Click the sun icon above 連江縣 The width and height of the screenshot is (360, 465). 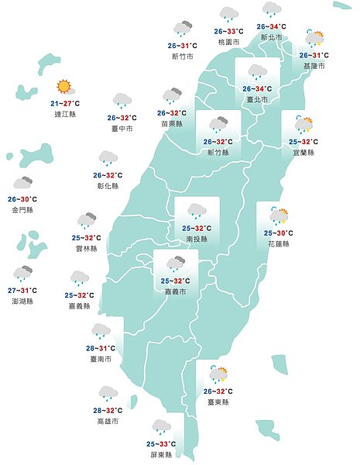(x=63, y=87)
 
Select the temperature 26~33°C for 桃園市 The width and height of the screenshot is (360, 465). (x=228, y=31)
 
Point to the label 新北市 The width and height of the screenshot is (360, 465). (x=271, y=37)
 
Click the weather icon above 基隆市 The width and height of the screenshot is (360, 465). (x=314, y=39)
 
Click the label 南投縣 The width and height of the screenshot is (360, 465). (x=197, y=239)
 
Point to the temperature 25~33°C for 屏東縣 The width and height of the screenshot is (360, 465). (x=161, y=444)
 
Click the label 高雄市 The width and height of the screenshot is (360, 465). (x=108, y=422)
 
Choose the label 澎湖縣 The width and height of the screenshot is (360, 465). (x=23, y=301)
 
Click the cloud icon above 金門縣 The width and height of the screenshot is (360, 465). (x=23, y=184)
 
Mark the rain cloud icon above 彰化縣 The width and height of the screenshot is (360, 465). (x=108, y=159)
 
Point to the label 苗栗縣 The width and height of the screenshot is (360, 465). (x=173, y=123)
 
